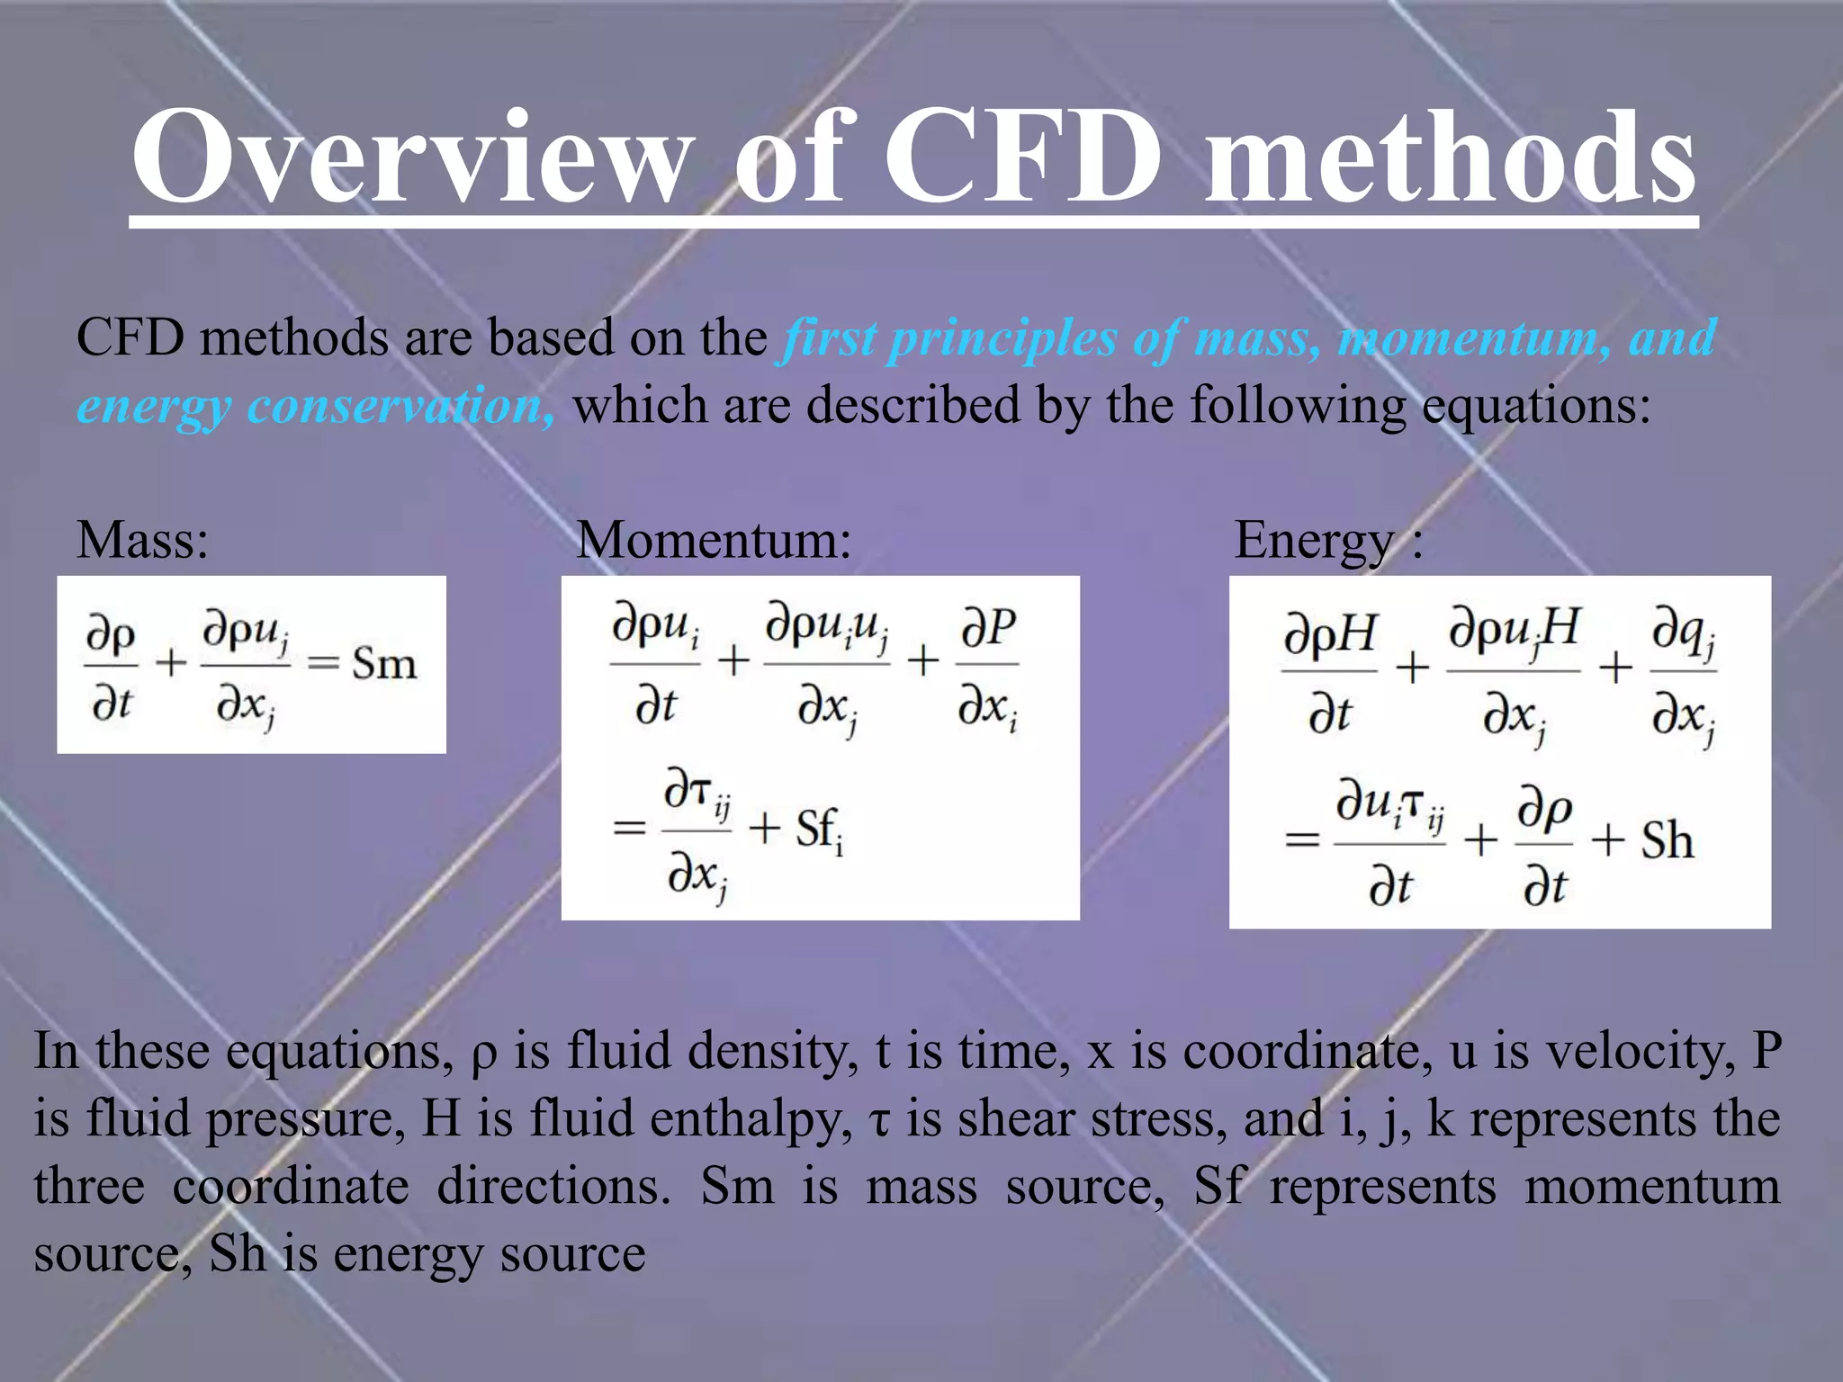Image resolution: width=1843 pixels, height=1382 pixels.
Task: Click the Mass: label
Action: click(142, 541)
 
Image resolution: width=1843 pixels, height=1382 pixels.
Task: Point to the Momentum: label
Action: click(713, 541)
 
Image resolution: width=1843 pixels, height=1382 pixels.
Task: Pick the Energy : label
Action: click(1328, 541)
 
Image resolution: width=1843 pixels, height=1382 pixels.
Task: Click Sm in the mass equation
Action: click(384, 664)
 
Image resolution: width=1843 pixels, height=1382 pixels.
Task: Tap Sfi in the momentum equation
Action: click(819, 830)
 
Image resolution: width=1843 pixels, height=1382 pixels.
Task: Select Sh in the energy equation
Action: click(1667, 840)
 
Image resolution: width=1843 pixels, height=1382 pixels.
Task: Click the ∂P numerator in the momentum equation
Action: click(988, 628)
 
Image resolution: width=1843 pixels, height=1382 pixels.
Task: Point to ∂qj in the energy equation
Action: click(1683, 635)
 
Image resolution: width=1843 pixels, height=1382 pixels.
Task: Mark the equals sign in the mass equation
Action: click(322, 664)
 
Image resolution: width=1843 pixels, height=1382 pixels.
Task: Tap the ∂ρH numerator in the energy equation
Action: click(1329, 635)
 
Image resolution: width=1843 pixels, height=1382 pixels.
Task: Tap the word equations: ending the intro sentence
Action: click(1536, 407)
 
